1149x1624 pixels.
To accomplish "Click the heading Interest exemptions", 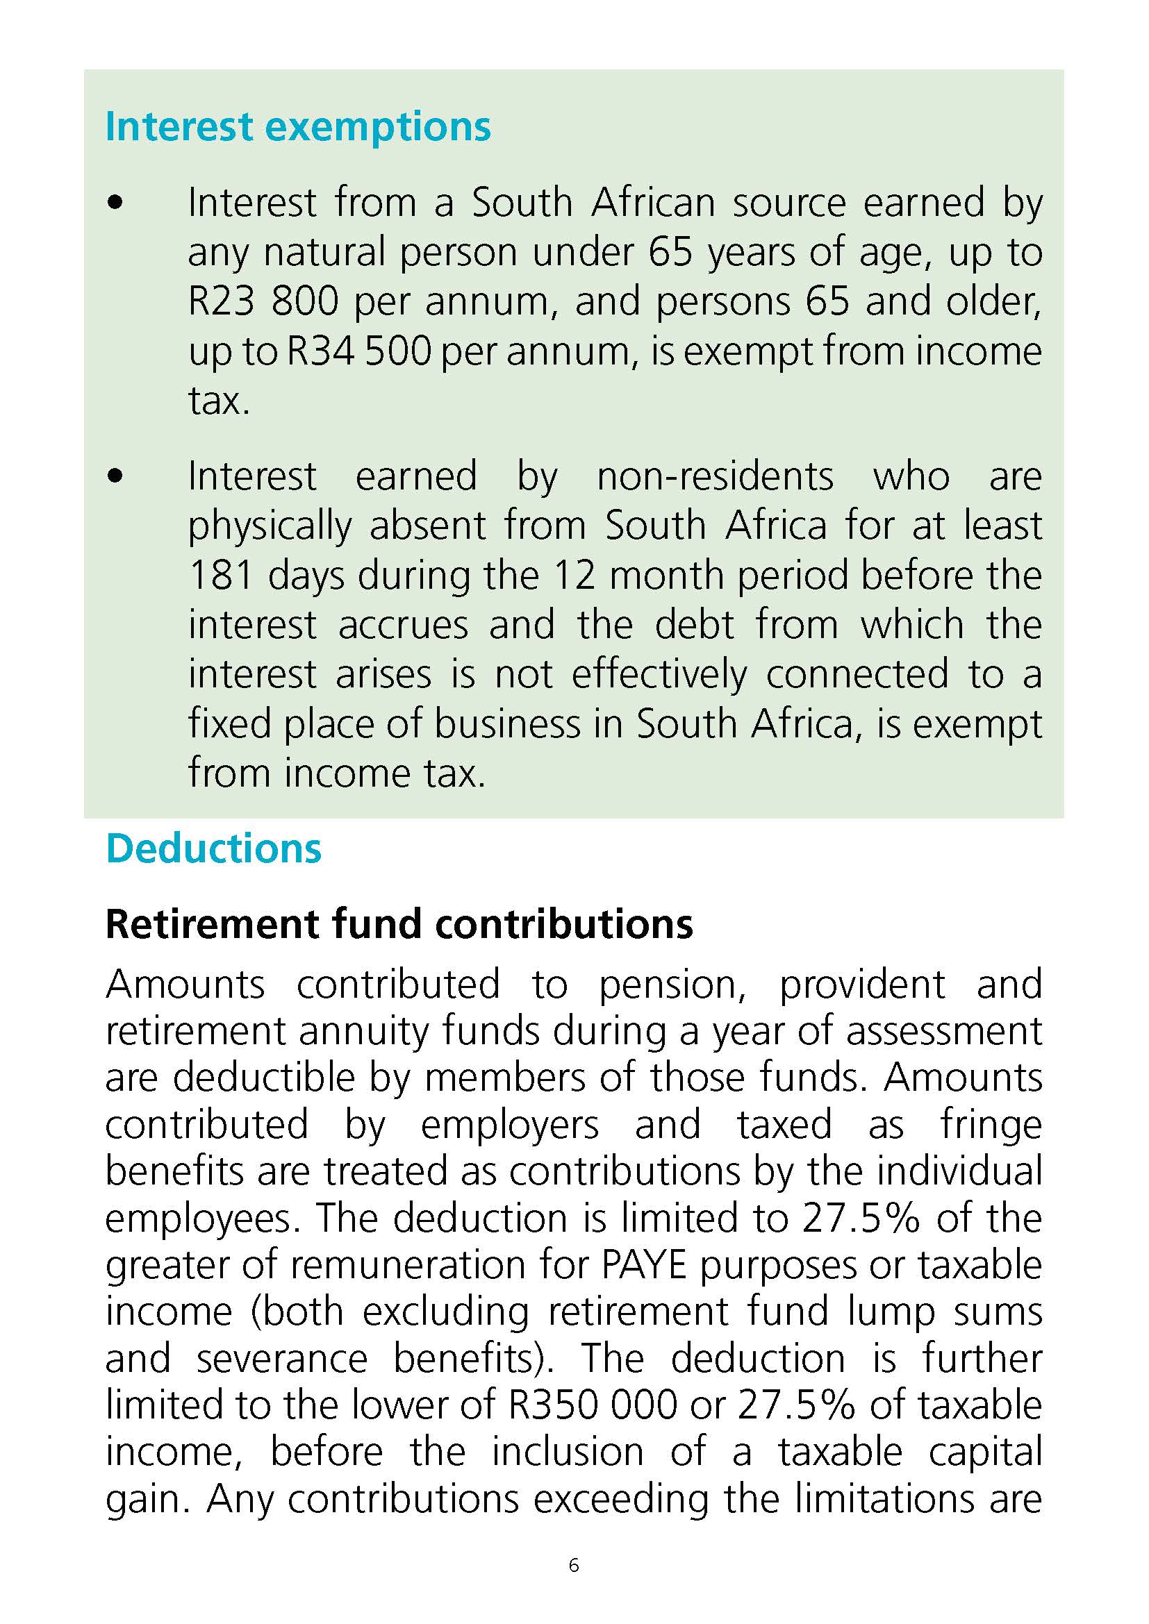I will tap(298, 127).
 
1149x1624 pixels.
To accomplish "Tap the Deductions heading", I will tap(213, 848).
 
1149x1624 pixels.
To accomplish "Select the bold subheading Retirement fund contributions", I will tap(399, 923).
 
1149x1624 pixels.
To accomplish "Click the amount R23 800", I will tap(264, 302).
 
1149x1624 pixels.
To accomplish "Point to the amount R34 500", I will tap(358, 351).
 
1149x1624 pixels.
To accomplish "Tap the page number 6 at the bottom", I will tap(574, 1566).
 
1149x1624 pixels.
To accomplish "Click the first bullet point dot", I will tap(115, 203).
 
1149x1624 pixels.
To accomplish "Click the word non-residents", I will tap(716, 476).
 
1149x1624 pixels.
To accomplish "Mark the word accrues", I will tap(403, 626).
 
